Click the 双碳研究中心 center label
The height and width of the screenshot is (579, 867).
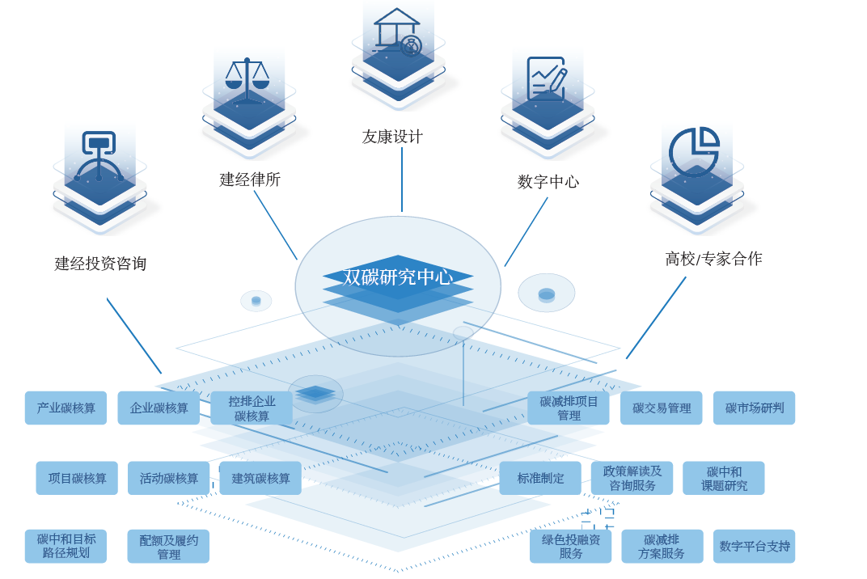click(x=397, y=277)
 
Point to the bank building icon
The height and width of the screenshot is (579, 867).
click(x=397, y=32)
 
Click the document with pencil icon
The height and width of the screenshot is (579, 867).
click(x=546, y=81)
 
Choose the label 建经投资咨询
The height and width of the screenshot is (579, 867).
click(x=100, y=263)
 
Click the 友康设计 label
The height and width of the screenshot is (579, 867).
click(x=392, y=137)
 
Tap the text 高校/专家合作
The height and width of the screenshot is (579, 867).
click(x=713, y=259)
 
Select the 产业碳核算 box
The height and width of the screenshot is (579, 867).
click(x=66, y=408)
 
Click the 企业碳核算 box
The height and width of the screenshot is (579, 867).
click(x=159, y=408)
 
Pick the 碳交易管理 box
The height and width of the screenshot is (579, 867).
click(x=662, y=408)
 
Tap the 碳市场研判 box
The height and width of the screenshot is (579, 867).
click(x=754, y=408)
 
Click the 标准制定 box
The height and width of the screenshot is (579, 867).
click(x=540, y=478)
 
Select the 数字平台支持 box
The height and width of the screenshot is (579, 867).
click(x=754, y=547)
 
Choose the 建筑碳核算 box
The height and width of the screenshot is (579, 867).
click(x=260, y=478)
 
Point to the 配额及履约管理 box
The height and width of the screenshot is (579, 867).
click(x=168, y=547)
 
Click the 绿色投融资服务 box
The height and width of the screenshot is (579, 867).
click(x=570, y=547)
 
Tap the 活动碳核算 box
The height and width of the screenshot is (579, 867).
click(x=168, y=478)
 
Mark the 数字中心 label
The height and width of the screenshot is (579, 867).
click(x=548, y=181)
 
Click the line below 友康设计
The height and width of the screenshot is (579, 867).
click(x=402, y=180)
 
